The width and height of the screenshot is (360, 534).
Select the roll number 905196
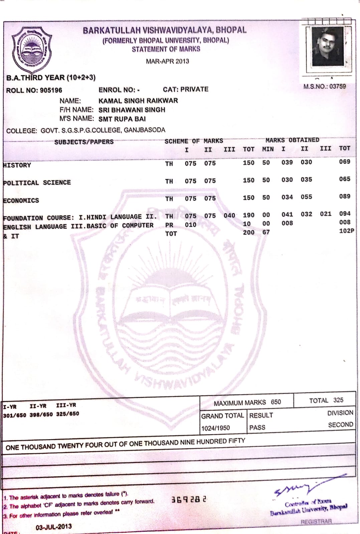51,90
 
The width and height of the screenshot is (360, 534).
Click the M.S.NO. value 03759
337,86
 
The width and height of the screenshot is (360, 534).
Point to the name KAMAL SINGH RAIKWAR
138,100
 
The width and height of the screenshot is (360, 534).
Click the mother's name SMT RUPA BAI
122,119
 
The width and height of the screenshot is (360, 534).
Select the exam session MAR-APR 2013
167,61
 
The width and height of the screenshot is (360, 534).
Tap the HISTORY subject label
17,165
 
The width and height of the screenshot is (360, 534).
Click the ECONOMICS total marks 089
344,196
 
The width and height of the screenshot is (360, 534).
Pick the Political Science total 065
344,179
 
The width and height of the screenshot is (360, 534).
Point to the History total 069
344,162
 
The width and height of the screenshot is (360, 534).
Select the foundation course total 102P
346,231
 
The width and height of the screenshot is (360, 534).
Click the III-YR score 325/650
67,414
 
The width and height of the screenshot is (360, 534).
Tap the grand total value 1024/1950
215,428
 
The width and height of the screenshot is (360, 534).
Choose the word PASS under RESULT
257,428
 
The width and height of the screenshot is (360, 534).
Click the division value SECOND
340,425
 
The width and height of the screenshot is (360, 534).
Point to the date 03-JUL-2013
53,527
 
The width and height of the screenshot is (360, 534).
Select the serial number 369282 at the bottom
189,500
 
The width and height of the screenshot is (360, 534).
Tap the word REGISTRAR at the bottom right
316,522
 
